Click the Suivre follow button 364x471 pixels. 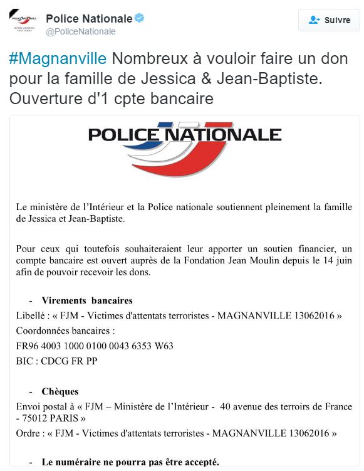(329, 20)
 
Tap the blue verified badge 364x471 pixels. (140, 18)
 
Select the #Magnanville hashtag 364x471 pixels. (59, 59)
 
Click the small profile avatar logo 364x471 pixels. (24, 24)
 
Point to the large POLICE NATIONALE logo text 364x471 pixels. (185, 134)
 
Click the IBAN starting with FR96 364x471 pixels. (95, 346)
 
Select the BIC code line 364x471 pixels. (56, 361)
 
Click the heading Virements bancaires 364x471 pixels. (87, 300)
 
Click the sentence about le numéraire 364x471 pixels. (130, 462)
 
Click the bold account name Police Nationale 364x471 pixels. (89, 18)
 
